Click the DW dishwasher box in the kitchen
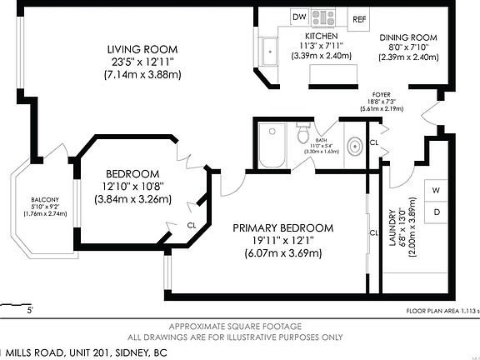pyautogui.click(x=298, y=17)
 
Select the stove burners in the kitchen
pyautogui.click(x=323, y=16)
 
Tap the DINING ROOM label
pyautogui.click(x=408, y=37)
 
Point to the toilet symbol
pyautogui.click(x=303, y=133)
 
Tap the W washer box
pyautogui.click(x=435, y=190)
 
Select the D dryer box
pyautogui.click(x=435, y=212)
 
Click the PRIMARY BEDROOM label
pyautogui.click(x=282, y=227)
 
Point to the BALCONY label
pyautogui.click(x=44, y=200)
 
